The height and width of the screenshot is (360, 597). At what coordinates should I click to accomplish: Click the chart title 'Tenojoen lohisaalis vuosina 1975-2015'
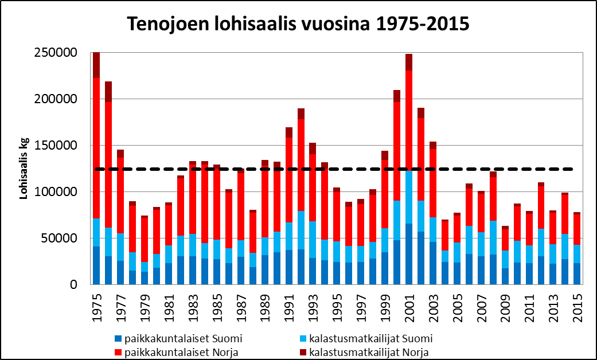tap(298, 24)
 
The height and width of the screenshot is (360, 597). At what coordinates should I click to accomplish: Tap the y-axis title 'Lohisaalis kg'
tap(24, 170)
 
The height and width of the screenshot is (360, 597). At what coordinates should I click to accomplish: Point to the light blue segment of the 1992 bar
tap(301, 230)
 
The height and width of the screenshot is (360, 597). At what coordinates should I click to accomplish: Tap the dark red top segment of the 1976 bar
tap(108, 92)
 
